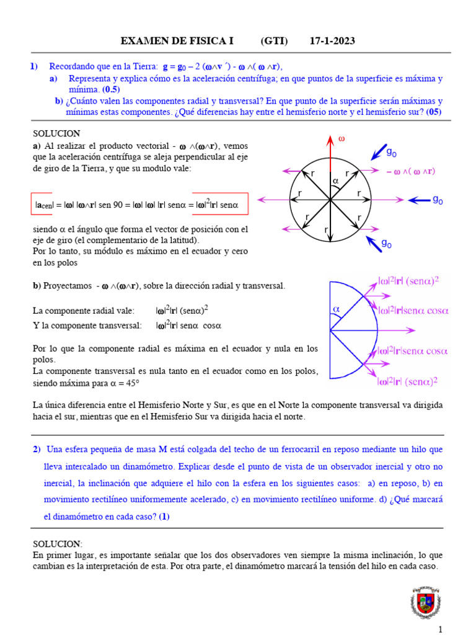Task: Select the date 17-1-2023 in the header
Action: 332,41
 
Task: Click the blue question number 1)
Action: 35,66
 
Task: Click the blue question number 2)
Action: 37,449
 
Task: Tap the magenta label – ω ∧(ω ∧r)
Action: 410,171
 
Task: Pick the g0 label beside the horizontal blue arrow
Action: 438,200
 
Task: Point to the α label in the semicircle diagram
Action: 337,308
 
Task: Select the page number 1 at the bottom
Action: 441,629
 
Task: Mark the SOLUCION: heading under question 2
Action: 57,543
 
